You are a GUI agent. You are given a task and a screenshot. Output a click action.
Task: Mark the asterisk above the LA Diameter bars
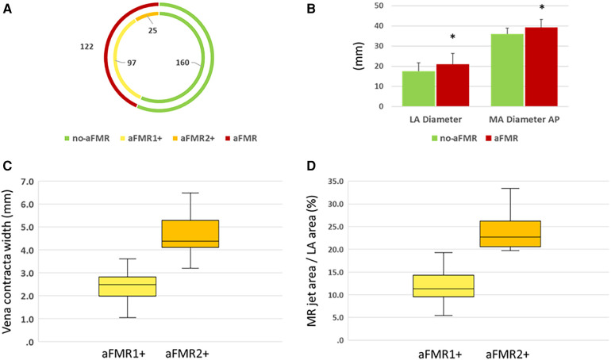[x=452, y=38]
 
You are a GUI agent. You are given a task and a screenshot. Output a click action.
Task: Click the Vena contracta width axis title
[x=10, y=249]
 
